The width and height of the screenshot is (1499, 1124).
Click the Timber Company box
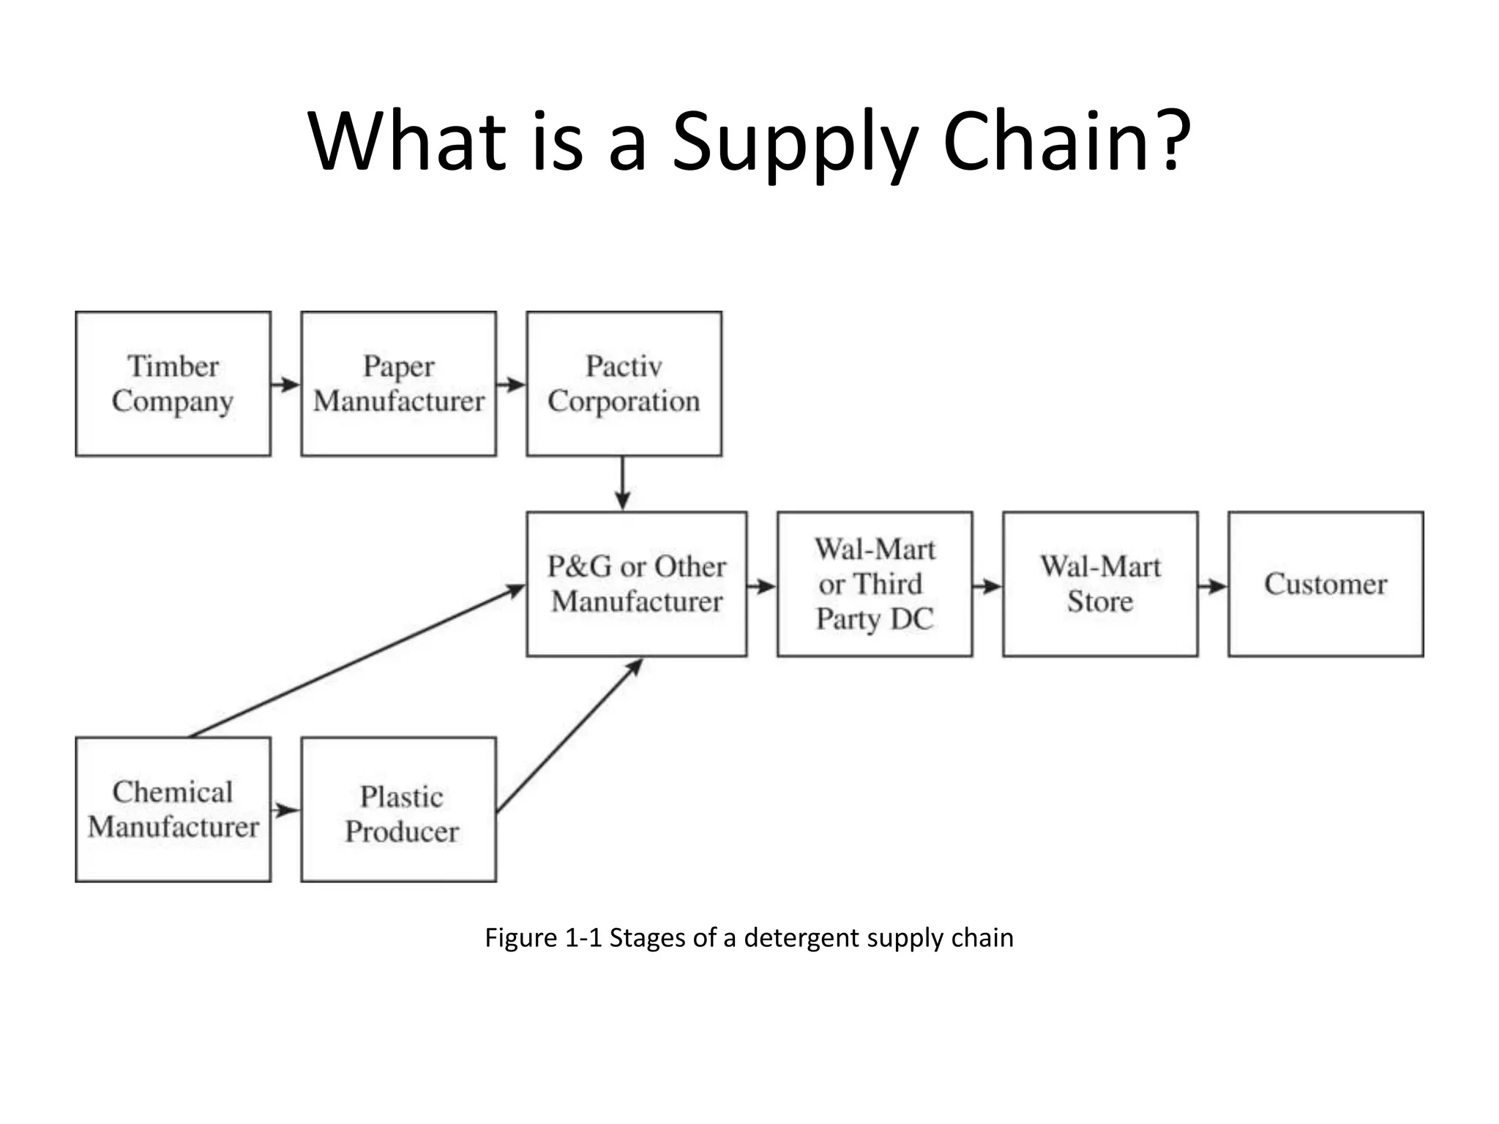pyautogui.click(x=173, y=383)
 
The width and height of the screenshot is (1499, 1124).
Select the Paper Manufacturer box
pyautogui.click(x=398, y=383)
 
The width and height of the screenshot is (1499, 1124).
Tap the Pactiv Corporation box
pyautogui.click(x=624, y=383)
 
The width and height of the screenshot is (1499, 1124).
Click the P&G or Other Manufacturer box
pyautogui.click(x=636, y=584)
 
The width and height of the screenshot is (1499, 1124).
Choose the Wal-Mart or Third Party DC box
pyautogui.click(x=875, y=584)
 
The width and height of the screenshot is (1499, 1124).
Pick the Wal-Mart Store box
pyautogui.click(x=1100, y=584)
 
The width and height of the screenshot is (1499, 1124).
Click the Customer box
pyautogui.click(x=1326, y=584)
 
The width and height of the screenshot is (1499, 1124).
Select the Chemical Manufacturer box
pyautogui.click(x=173, y=809)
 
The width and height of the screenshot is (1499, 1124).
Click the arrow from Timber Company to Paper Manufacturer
pyautogui.click(x=285, y=384)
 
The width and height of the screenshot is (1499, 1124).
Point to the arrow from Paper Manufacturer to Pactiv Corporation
pyautogui.click(x=511, y=384)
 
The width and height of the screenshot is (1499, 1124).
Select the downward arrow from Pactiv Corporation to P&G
pyautogui.click(x=622, y=483)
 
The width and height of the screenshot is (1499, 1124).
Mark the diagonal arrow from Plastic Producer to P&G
pyautogui.click(x=569, y=735)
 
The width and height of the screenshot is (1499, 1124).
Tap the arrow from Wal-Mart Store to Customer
pyautogui.click(x=1213, y=586)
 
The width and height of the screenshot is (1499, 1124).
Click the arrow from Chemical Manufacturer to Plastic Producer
pyautogui.click(x=285, y=810)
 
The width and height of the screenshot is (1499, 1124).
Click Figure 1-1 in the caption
pyautogui.click(x=543, y=937)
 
